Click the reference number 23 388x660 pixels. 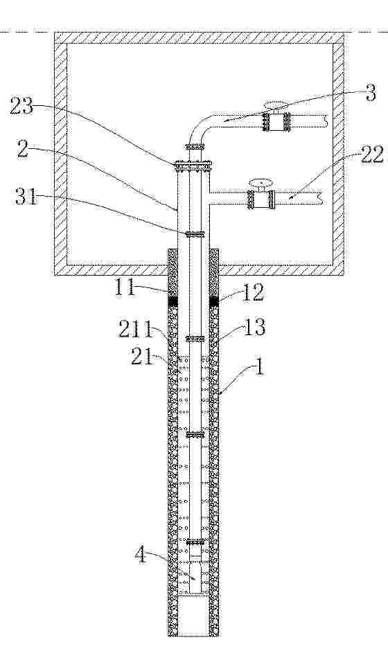pos(22,107)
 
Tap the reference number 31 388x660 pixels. pos(26,196)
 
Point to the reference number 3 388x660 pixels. pos(370,93)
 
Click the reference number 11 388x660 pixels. pos(126,289)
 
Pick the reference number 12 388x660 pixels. pos(253,292)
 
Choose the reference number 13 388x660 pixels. pos(254,327)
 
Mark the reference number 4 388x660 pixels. pos(141,556)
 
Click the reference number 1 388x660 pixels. pos(260,366)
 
